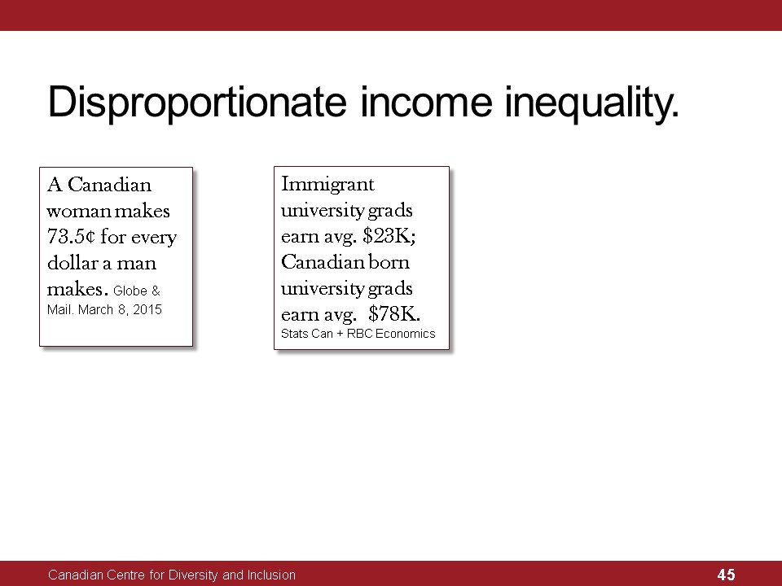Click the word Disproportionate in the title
pyautogui.click(x=197, y=103)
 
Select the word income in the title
pyautogui.click(x=426, y=102)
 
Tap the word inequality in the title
pyautogui.click(x=592, y=103)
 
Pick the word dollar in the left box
pyautogui.click(x=72, y=262)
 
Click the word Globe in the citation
pyautogui.click(x=130, y=291)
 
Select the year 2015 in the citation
pyautogui.click(x=147, y=309)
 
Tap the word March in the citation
pyautogui.click(x=96, y=309)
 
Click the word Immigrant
pyautogui.click(x=327, y=185)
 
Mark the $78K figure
pyautogui.click(x=394, y=313)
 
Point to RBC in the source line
pyautogui.click(x=359, y=334)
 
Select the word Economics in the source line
pyautogui.click(x=405, y=334)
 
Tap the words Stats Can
pyautogui.click(x=307, y=334)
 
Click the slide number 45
pyautogui.click(x=726, y=575)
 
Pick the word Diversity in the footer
pyautogui.click(x=193, y=575)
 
